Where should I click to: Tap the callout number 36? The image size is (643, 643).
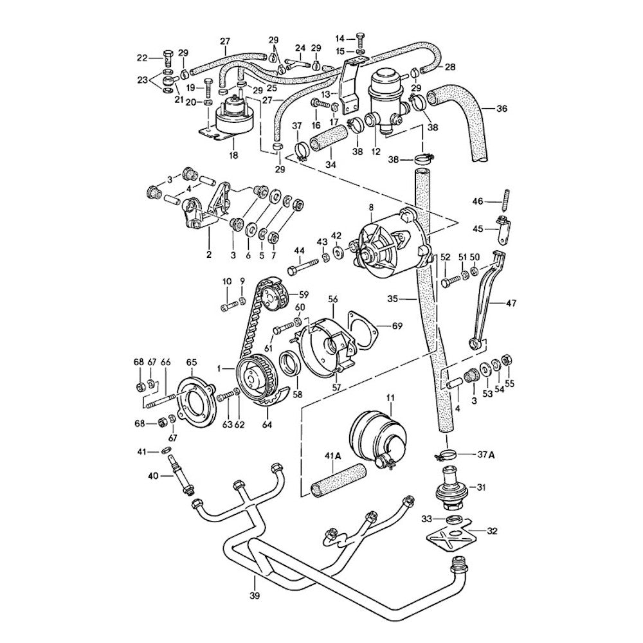502,109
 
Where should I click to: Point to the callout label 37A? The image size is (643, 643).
486,455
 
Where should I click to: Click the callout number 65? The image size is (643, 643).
192,362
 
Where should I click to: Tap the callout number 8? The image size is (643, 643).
371,207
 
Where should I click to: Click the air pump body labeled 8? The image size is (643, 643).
386,248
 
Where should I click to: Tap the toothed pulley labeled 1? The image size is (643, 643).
257,379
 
